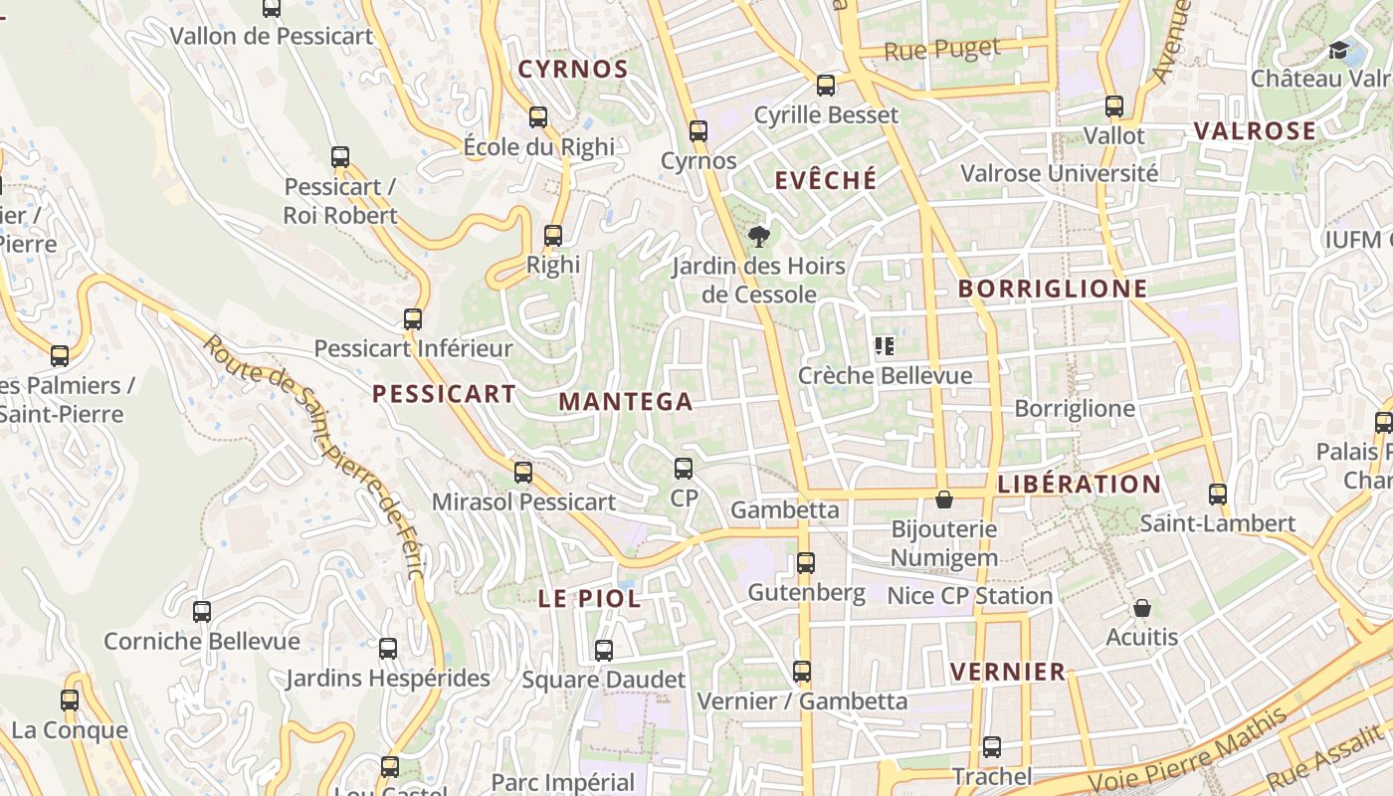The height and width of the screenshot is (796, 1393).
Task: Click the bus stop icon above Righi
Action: pos(553,236)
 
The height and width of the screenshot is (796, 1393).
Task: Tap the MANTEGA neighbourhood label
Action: pos(625,402)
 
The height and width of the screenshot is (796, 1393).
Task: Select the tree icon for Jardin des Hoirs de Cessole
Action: pos(759,236)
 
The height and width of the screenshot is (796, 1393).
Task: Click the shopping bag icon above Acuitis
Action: pos(1142,607)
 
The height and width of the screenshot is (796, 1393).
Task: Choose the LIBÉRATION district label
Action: pos(1079,485)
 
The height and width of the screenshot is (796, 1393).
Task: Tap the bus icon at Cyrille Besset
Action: pos(826,86)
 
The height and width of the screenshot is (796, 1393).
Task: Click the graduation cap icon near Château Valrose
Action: pos(1339,50)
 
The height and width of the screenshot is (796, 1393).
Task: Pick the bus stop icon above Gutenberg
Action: pos(806,563)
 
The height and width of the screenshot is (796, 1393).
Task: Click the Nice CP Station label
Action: pos(969,596)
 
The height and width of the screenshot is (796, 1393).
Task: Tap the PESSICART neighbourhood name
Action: pos(444,394)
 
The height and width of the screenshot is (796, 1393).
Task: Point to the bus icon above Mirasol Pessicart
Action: pos(523,473)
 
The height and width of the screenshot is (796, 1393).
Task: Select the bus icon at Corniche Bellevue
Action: pos(202,612)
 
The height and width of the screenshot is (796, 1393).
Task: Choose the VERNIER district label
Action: pos(1008,672)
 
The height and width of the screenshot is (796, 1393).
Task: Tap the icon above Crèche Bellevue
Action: pos(885,346)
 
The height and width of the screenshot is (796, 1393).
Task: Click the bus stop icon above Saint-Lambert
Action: pos(1218,495)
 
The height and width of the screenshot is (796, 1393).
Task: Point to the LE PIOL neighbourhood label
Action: pos(589,599)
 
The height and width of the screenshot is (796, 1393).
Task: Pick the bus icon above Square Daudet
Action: pos(604,651)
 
